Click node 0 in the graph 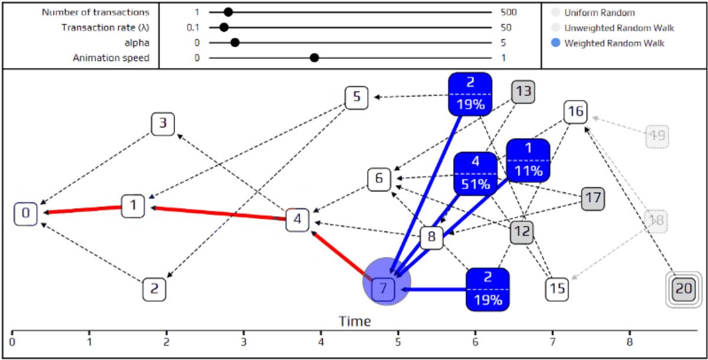[25, 213]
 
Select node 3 [163, 124]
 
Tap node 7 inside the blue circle [383, 289]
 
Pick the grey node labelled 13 [523, 92]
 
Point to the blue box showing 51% [476, 173]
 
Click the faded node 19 [657, 136]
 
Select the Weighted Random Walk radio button [555, 43]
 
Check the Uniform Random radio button [555, 12]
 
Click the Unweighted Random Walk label [619, 28]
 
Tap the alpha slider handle [235, 43]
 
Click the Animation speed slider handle [315, 57]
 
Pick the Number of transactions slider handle [228, 12]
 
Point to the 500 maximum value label [508, 12]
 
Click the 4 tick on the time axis [321, 341]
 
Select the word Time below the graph [355, 321]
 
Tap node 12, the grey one [521, 232]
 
